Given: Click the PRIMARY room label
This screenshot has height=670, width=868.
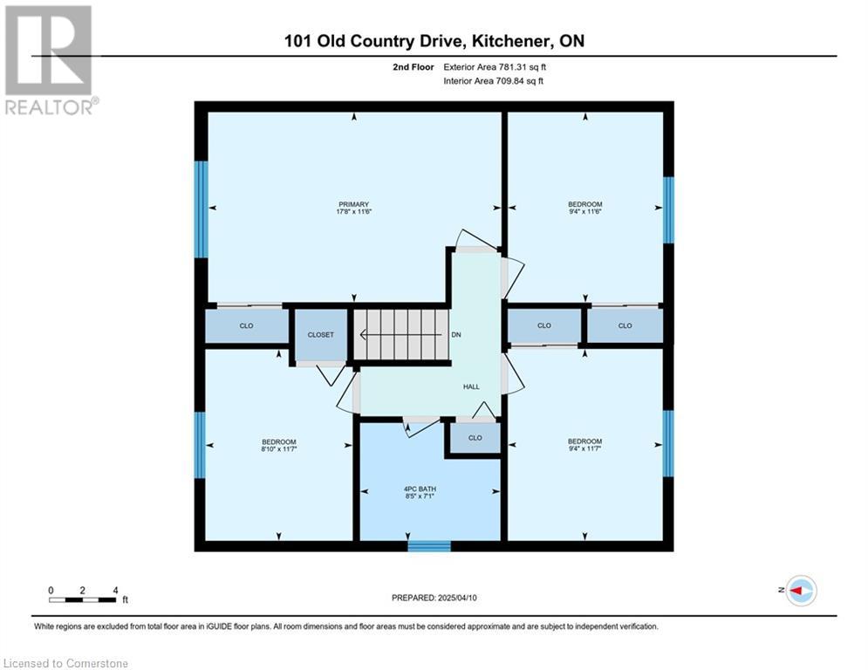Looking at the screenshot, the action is click(353, 204).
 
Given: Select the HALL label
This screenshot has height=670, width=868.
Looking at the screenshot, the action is click(471, 386).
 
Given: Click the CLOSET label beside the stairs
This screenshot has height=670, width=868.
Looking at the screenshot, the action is click(320, 334).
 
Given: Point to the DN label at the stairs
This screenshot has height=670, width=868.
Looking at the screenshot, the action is click(456, 334).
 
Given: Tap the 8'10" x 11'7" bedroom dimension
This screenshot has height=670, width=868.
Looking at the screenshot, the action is click(279, 449).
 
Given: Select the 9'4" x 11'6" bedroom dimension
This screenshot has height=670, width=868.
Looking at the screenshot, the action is click(585, 211).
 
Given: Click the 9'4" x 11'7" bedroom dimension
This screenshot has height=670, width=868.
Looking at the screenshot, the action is click(584, 448).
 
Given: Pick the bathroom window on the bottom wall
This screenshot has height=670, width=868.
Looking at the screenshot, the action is click(429, 546).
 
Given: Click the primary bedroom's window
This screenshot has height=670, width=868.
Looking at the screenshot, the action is click(201, 209).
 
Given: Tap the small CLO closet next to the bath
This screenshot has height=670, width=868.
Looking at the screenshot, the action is click(475, 437).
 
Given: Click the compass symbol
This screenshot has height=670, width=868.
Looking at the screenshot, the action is click(801, 591).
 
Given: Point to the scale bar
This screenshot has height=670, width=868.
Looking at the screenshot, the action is click(83, 599).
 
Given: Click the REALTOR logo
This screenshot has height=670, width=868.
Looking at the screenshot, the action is click(49, 60).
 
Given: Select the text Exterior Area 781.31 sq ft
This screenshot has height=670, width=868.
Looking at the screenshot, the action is click(495, 67).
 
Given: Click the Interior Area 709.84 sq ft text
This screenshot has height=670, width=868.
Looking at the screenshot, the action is click(493, 81).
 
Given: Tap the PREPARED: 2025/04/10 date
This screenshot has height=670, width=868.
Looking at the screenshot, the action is click(434, 598).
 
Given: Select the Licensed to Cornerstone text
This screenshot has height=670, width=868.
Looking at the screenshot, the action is click(66, 663).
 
